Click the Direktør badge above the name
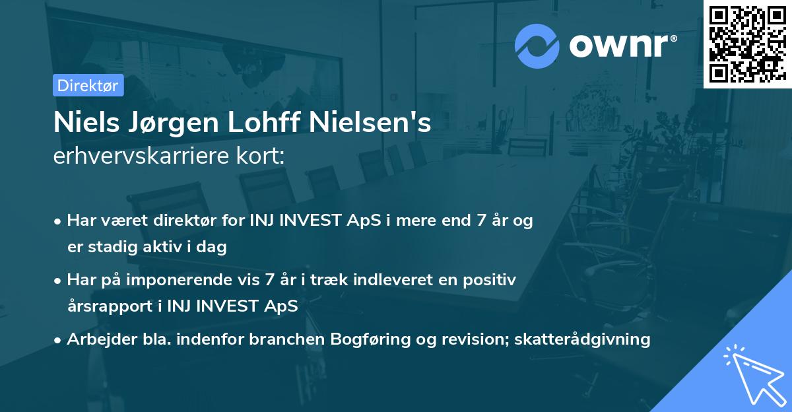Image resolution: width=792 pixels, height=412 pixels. [x=88, y=85]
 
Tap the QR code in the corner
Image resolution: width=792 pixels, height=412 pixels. [x=747, y=44]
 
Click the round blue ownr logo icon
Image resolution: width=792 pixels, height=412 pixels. [x=537, y=46]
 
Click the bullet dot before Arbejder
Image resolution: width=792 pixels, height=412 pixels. [x=59, y=340]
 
